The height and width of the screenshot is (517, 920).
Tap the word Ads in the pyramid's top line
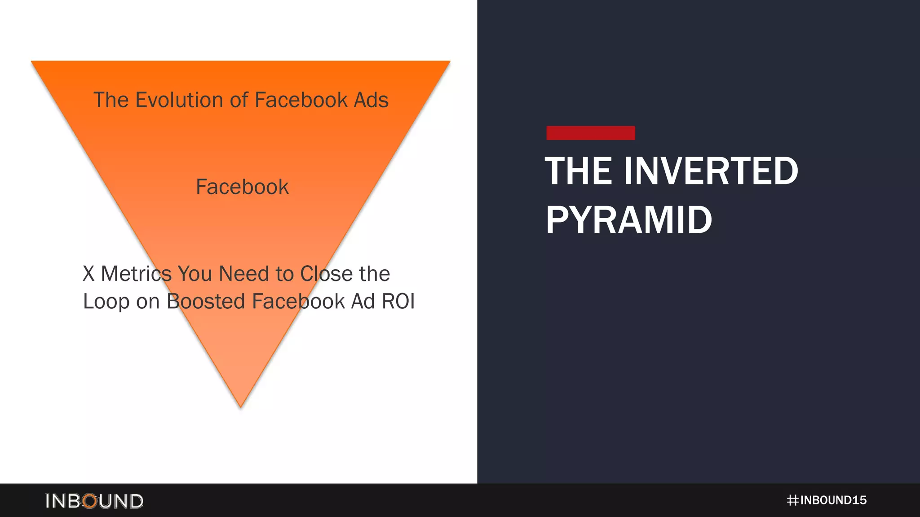click(371, 100)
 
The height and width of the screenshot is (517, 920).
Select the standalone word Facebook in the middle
click(242, 187)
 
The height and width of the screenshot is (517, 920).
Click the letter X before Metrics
click(88, 274)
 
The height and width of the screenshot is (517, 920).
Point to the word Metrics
click(136, 274)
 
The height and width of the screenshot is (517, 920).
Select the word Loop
click(106, 302)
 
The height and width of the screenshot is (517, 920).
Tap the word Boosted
click(205, 301)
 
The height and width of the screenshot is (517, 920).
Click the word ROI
click(398, 301)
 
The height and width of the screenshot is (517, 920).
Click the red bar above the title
click(590, 133)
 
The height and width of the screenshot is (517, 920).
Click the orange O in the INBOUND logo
click(90, 501)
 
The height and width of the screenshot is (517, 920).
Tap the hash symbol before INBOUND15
click(792, 500)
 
